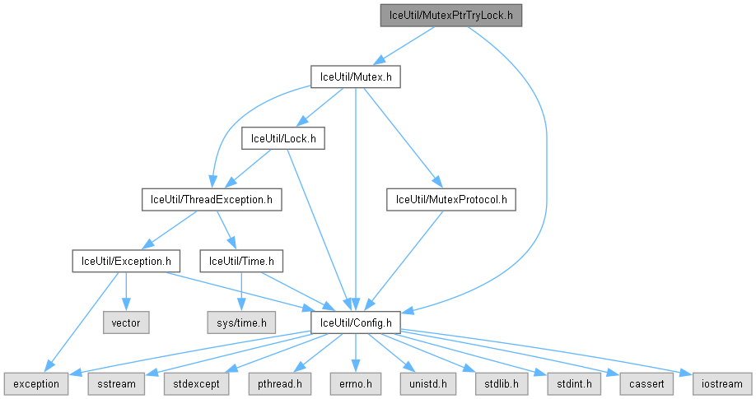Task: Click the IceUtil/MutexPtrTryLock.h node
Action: pyautogui.click(x=450, y=16)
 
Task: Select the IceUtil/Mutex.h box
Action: pyautogui.click(x=355, y=77)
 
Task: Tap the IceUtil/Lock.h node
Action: pyautogui.click(x=282, y=138)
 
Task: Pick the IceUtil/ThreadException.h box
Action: pyautogui.click(x=212, y=199)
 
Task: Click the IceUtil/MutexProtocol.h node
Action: pyautogui.click(x=451, y=199)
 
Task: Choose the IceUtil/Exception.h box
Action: pyautogui.click(x=125, y=261)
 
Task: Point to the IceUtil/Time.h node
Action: pyautogui.click(x=242, y=261)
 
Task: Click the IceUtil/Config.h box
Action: pyautogui.click(x=355, y=322)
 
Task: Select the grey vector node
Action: pyautogui.click(x=125, y=322)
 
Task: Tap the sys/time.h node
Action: pyautogui.click(x=242, y=322)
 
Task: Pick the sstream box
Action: pyautogui.click(x=115, y=383)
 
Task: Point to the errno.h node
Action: pyautogui.click(x=355, y=383)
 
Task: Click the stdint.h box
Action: pyautogui.click(x=563, y=383)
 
